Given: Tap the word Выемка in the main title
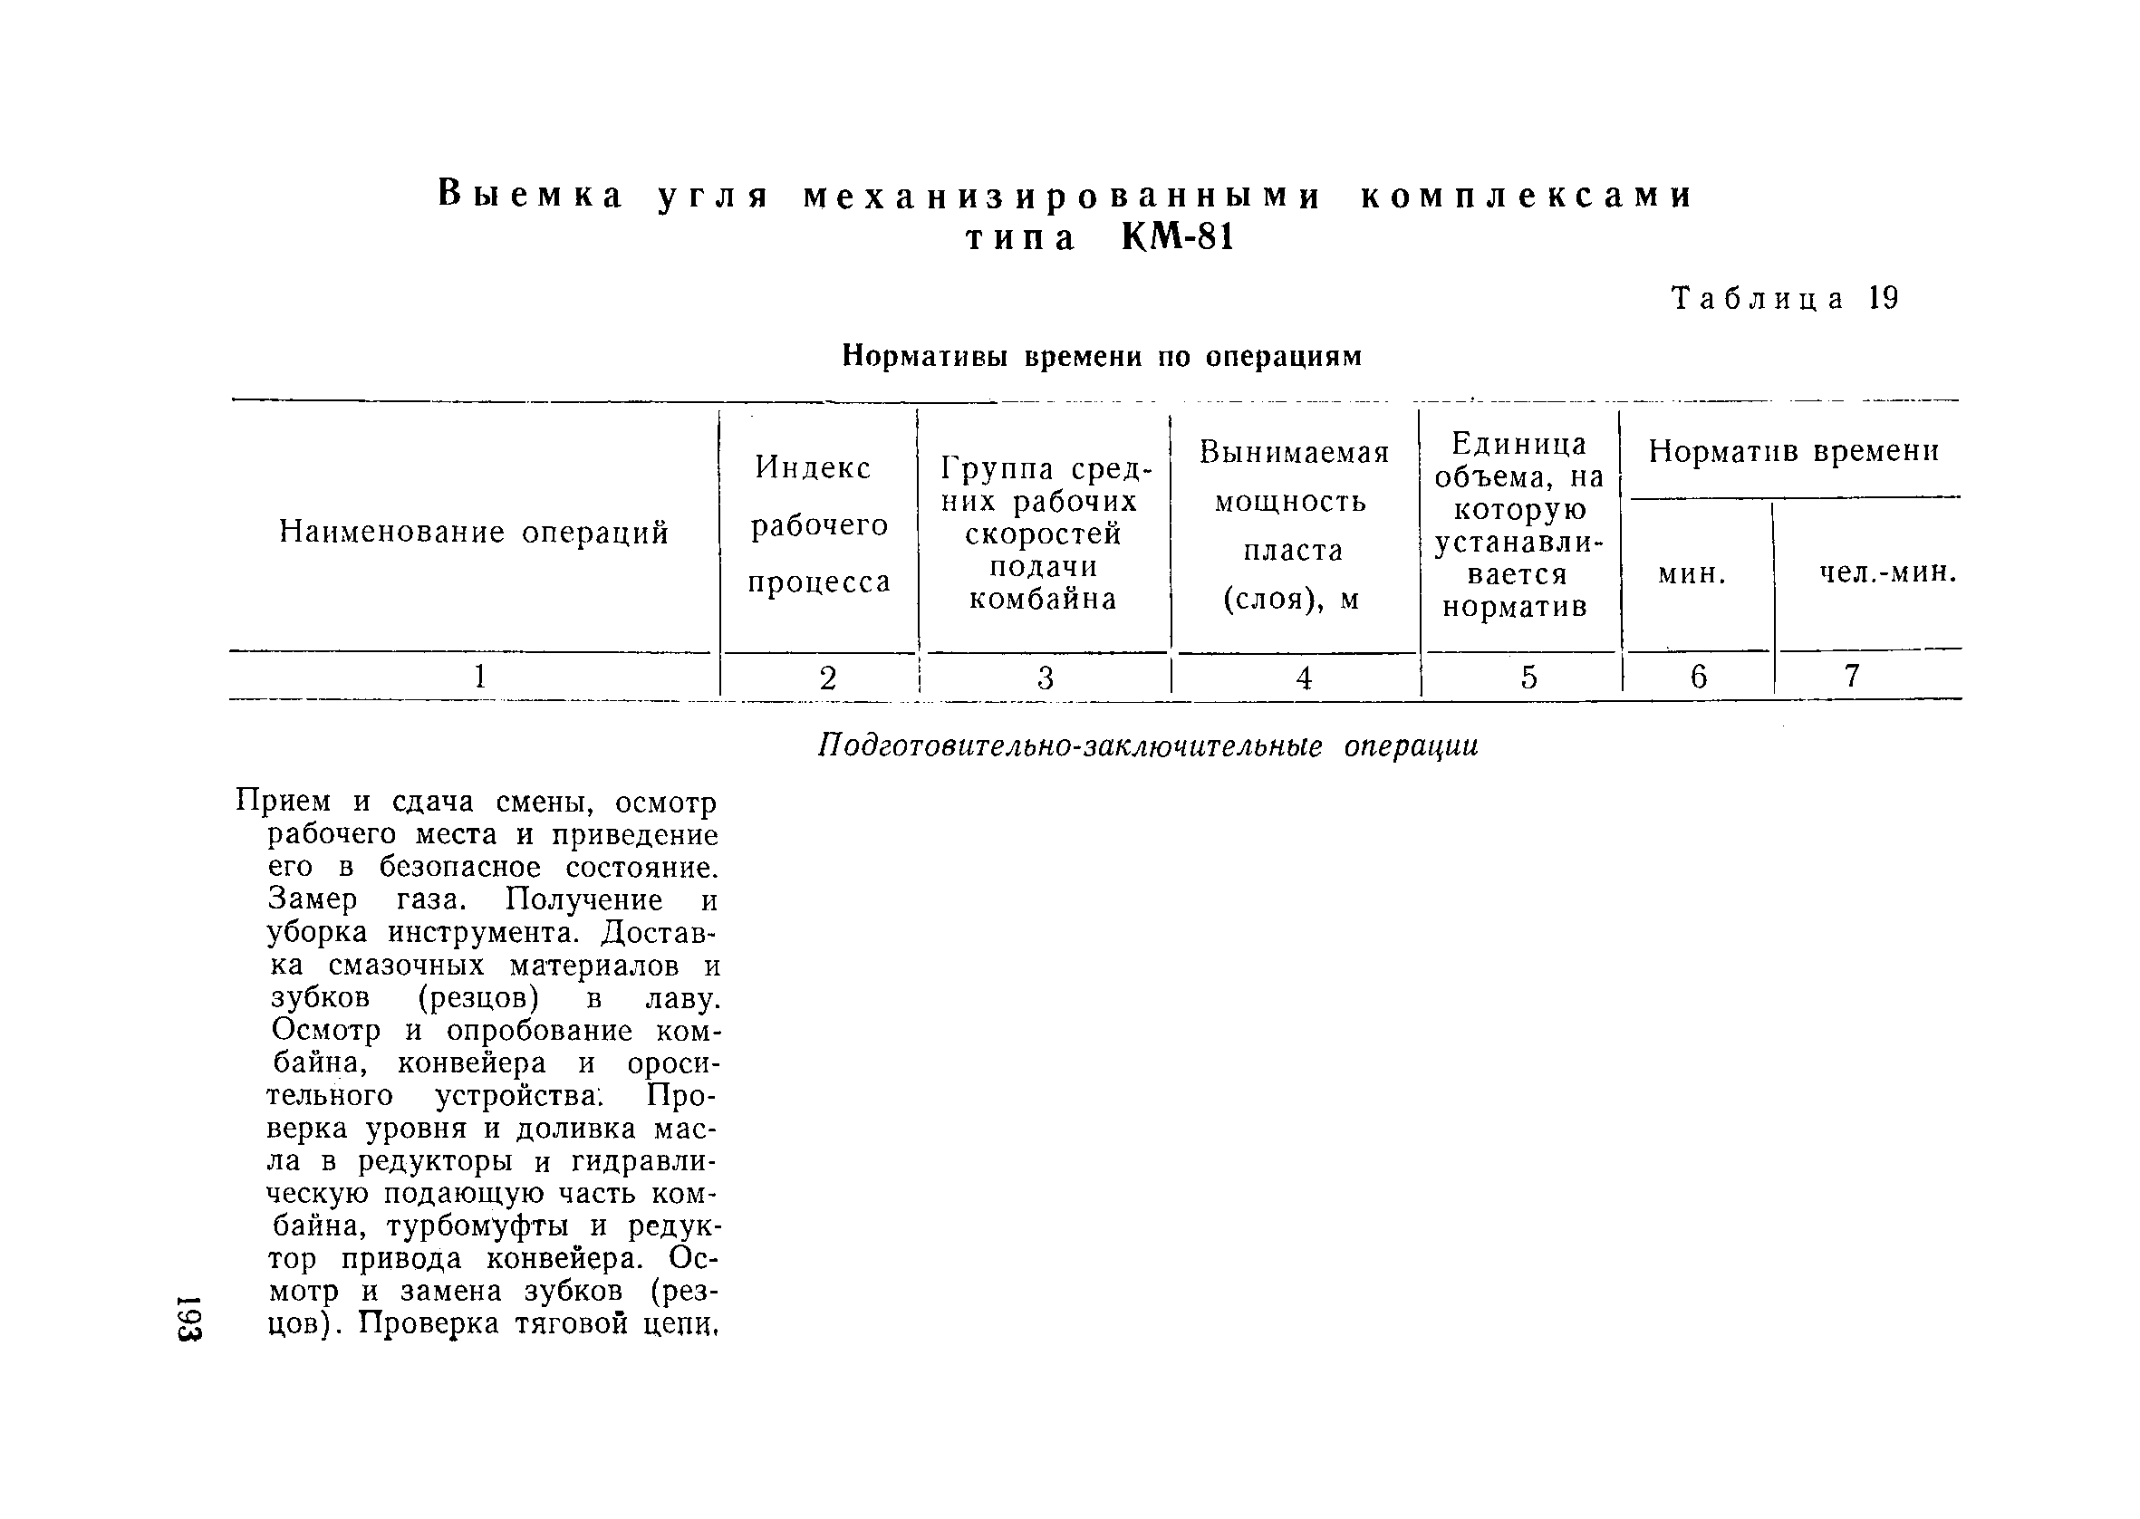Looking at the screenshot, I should coord(531,196).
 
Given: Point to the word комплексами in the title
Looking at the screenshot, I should coord(1527,196).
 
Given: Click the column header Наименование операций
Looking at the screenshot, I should coord(474,533).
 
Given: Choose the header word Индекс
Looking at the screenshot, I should coord(813,466).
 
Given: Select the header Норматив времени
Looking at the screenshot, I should coord(1793,451).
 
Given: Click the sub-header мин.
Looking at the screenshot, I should coord(1691,573).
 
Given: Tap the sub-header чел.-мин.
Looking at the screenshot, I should coord(1887,572).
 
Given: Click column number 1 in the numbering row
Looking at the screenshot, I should coord(480,676).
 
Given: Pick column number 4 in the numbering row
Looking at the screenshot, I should coord(1304,678).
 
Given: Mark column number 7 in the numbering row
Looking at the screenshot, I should coord(1852,676).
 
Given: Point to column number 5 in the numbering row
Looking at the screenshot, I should coord(1528,677).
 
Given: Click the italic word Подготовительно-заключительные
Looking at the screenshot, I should coord(1070,746).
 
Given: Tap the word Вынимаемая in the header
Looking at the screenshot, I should coord(1295,453).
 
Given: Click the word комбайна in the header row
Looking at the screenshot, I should coord(1043,599).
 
